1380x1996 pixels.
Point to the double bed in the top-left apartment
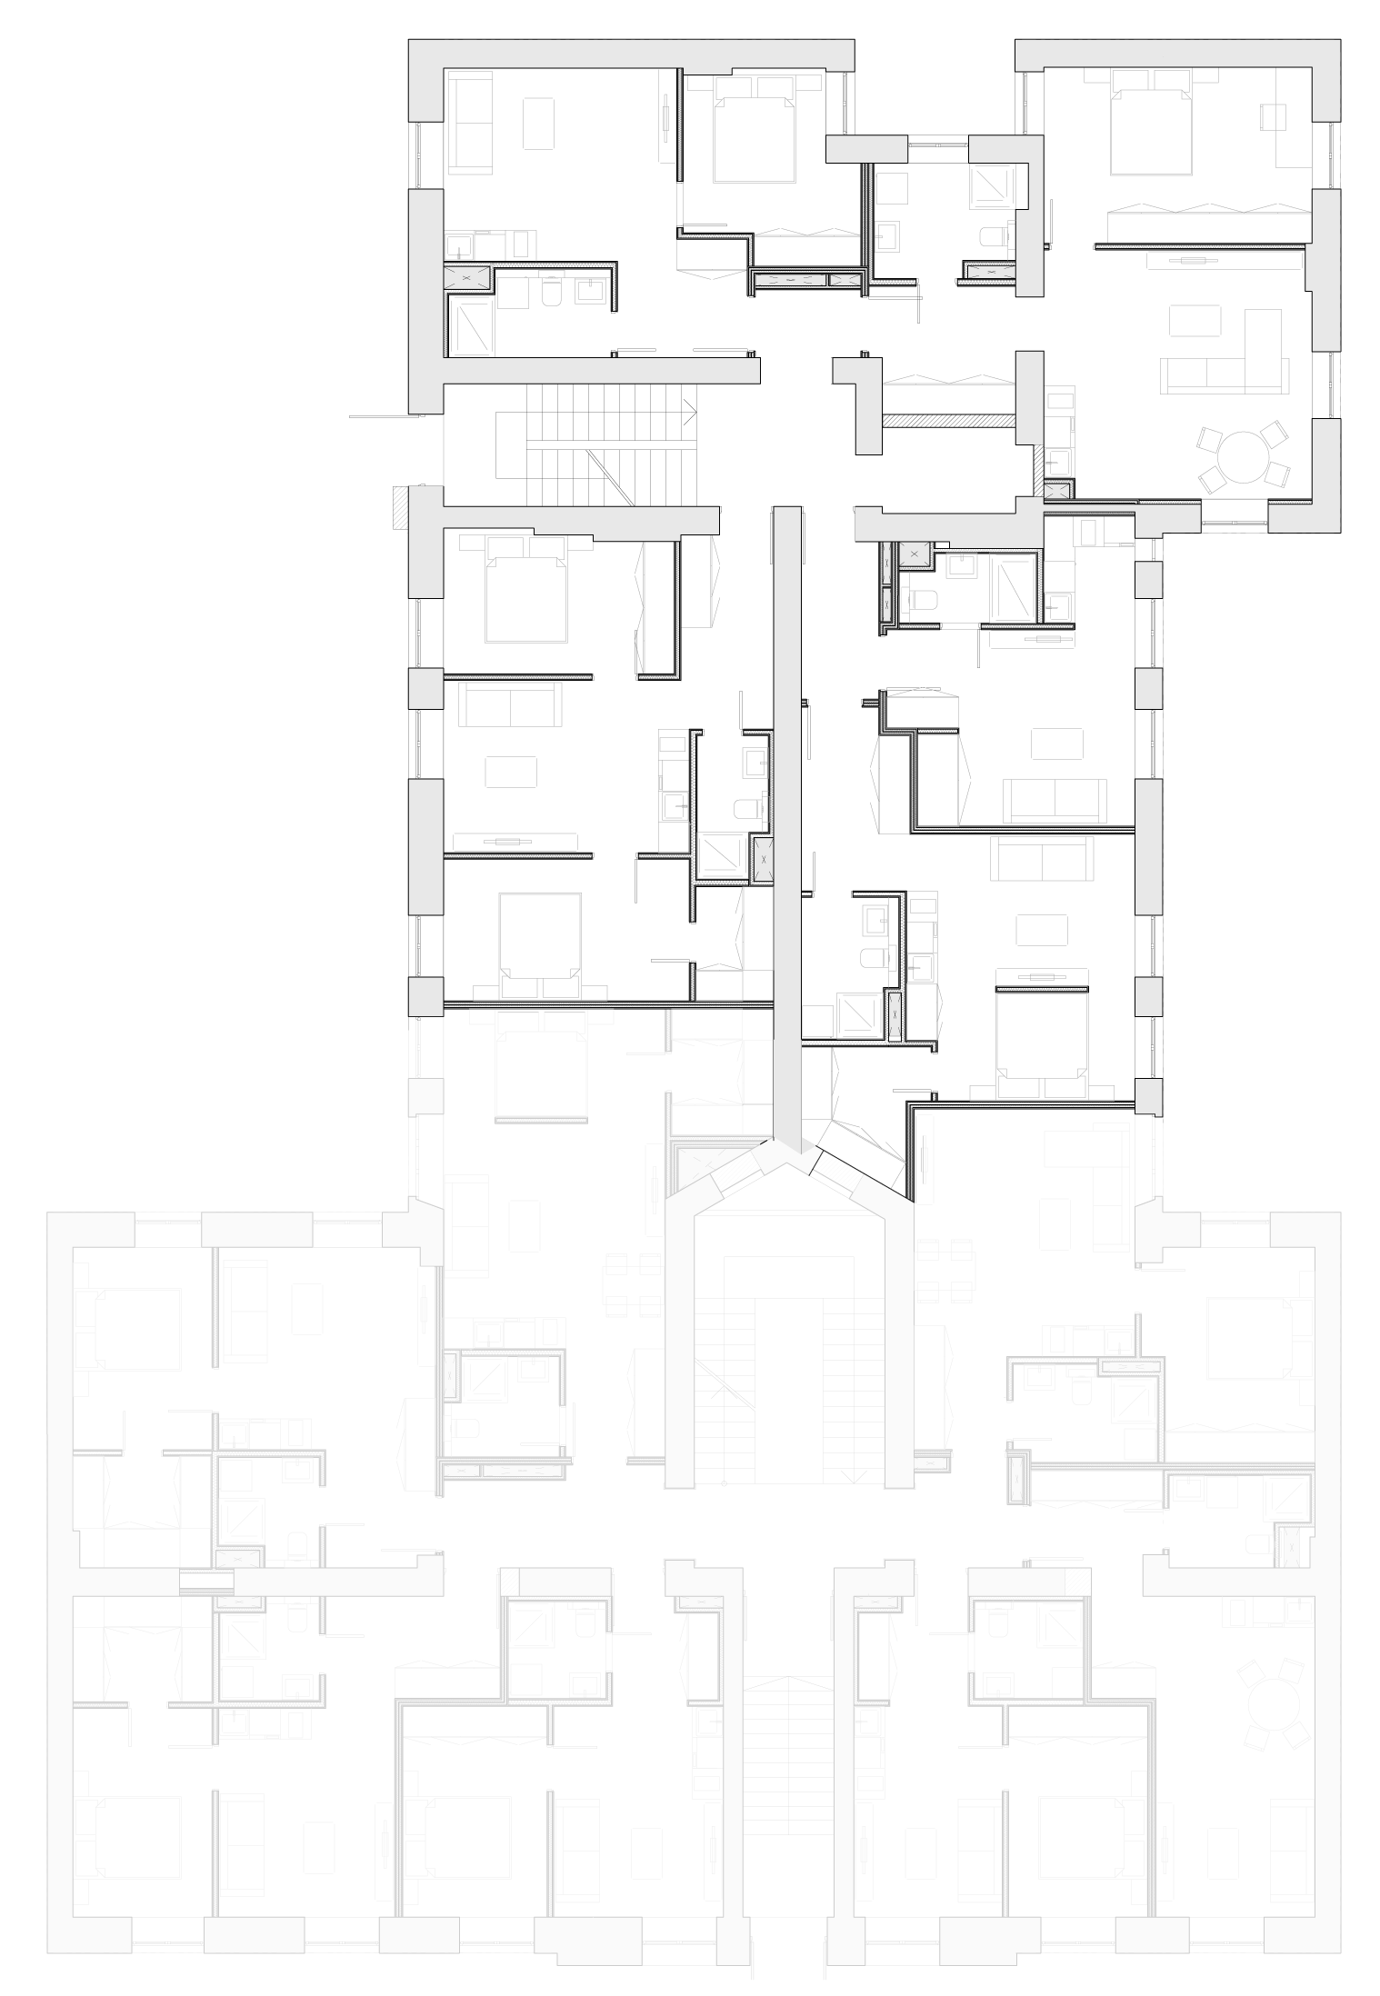point(755,136)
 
